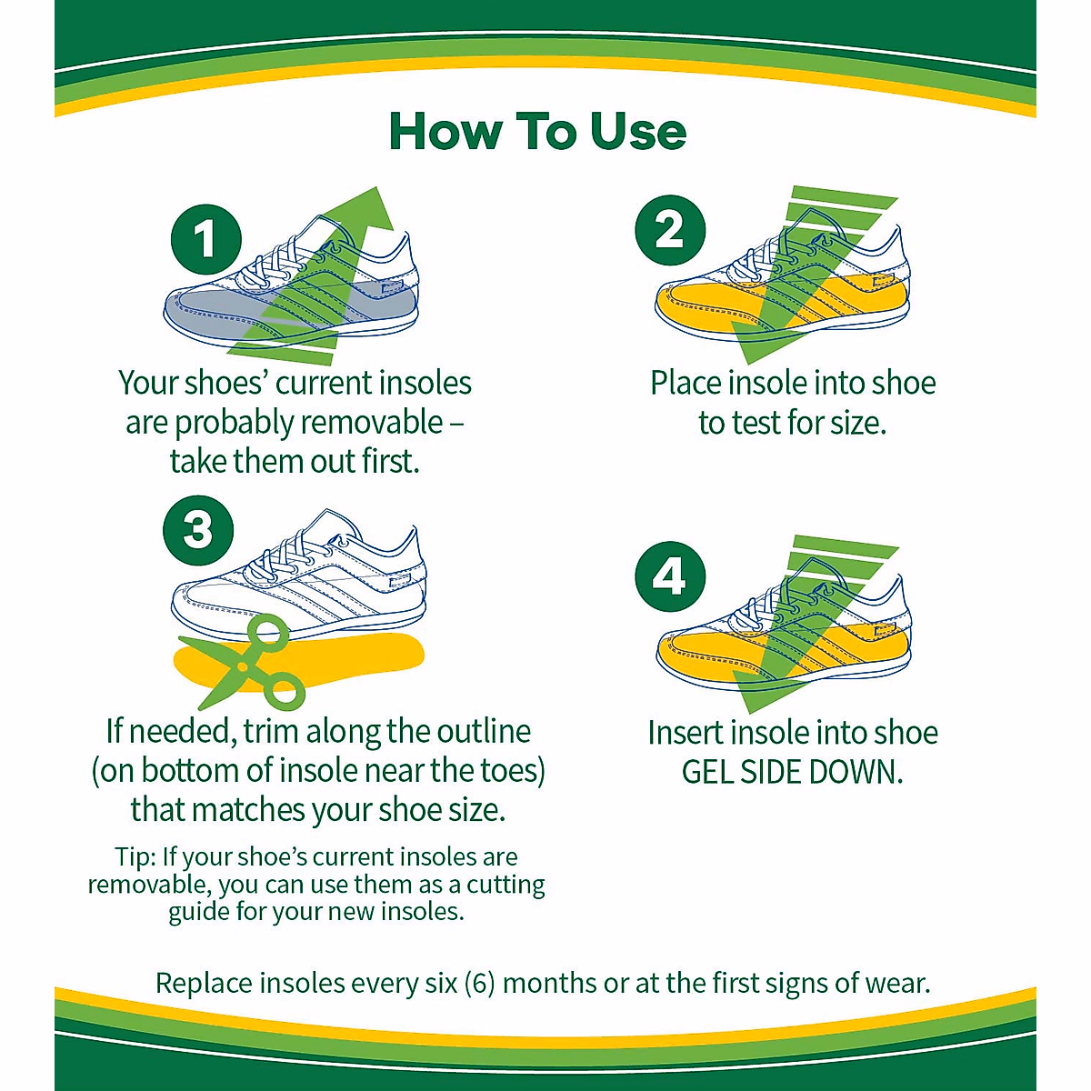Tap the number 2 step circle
pos(670,229)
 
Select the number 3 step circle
pos(197,529)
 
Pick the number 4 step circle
pos(670,576)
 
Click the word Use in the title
pos(637,132)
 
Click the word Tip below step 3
pos(134,857)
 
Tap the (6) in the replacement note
pos(478,984)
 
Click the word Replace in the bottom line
pos(205,984)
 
